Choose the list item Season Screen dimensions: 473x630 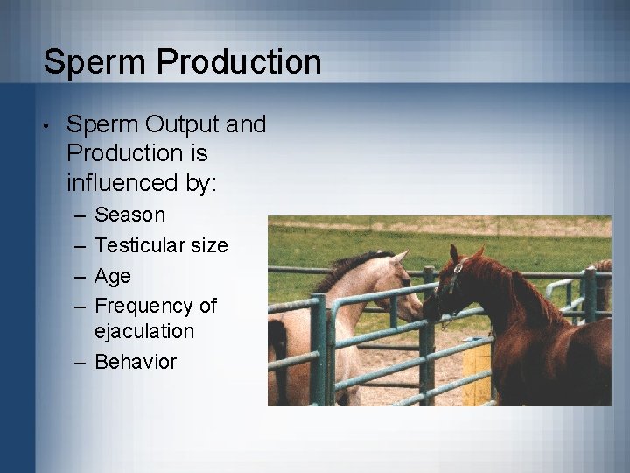coord(129,215)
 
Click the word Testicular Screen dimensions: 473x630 coord(141,245)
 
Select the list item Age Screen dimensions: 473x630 coord(112,276)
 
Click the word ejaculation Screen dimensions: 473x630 coord(144,331)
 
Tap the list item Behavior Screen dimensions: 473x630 coord(136,362)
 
